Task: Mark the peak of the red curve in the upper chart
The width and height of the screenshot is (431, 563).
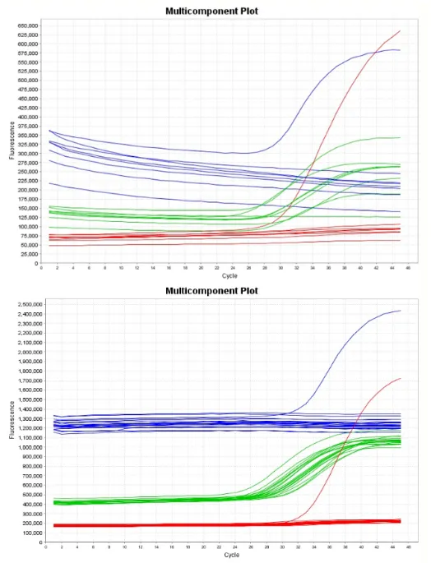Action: [x=400, y=31]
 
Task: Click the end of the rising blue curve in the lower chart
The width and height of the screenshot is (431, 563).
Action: [x=401, y=311]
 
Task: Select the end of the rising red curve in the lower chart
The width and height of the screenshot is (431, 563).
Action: [x=401, y=378]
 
